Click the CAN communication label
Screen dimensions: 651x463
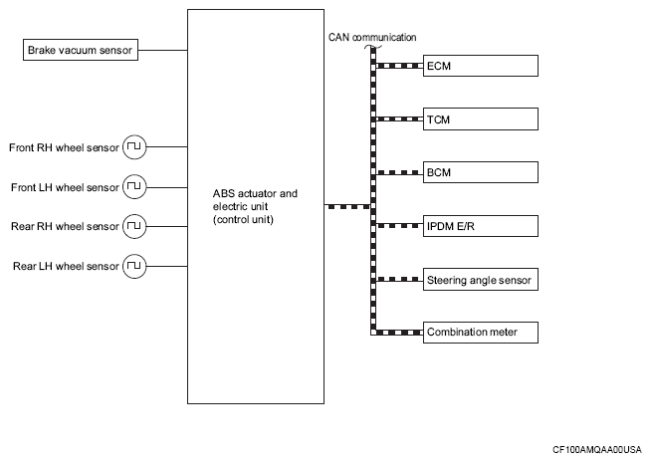point(372,38)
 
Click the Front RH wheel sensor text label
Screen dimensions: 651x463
point(64,147)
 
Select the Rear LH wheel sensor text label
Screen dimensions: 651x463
point(66,266)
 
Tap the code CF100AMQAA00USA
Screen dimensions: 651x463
point(597,450)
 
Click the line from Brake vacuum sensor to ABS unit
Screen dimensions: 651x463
point(163,50)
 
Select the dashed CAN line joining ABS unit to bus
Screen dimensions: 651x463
point(347,206)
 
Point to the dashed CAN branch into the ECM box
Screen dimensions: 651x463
point(399,66)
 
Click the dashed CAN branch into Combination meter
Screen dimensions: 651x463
point(399,333)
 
